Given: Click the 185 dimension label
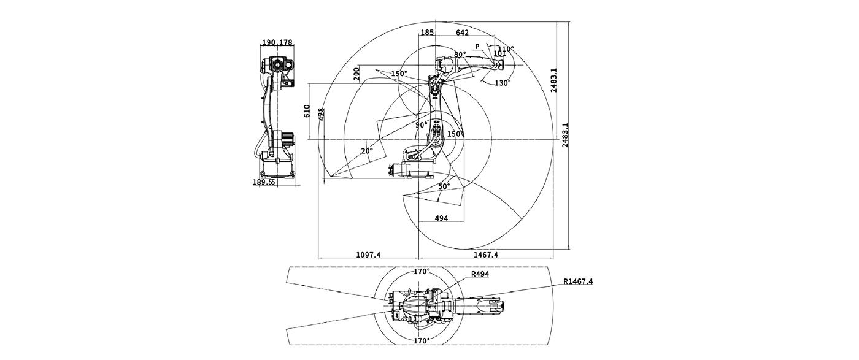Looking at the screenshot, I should pos(428,32).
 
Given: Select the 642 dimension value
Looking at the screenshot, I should pos(463,32).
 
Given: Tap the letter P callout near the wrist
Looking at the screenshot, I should pos(477,46).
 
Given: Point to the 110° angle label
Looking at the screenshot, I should pos(506,48).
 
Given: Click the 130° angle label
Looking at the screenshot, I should pos(503,83).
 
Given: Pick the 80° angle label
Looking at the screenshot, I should pos(460,55).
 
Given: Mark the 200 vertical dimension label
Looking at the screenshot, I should pos(356,74).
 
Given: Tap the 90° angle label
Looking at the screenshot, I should pos(421,124).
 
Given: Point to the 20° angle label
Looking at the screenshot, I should pos(366,151).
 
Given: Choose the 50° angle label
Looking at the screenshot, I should pos(444,186).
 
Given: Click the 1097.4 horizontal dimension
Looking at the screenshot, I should pos(369,255).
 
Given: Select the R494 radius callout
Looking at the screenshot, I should pos(480,274).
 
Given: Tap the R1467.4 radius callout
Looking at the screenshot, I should pos(578,281).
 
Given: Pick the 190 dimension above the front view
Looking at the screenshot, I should pos(269,42).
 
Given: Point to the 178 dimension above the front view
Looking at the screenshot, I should pos(285,42).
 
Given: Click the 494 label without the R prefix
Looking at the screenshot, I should pos(441,218).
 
